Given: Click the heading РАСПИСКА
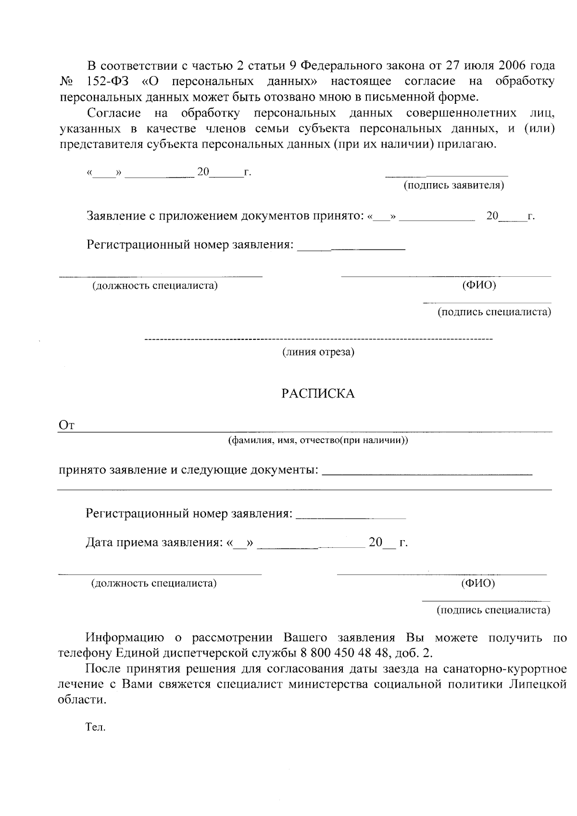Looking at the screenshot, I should pos(318,394).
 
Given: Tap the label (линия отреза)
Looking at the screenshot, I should pos(318,352).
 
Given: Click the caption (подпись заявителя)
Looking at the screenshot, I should pos(453,185).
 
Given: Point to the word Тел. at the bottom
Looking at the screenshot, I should pos(95,727).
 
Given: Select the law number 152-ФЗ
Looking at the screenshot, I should pos(108,81).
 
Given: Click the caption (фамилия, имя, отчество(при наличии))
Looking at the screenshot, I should pos(318,440).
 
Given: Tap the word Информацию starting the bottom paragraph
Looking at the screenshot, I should pos(125,638).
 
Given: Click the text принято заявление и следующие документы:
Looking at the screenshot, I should pos(188,470).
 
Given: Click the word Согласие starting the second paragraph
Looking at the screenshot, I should pos(114,113).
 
